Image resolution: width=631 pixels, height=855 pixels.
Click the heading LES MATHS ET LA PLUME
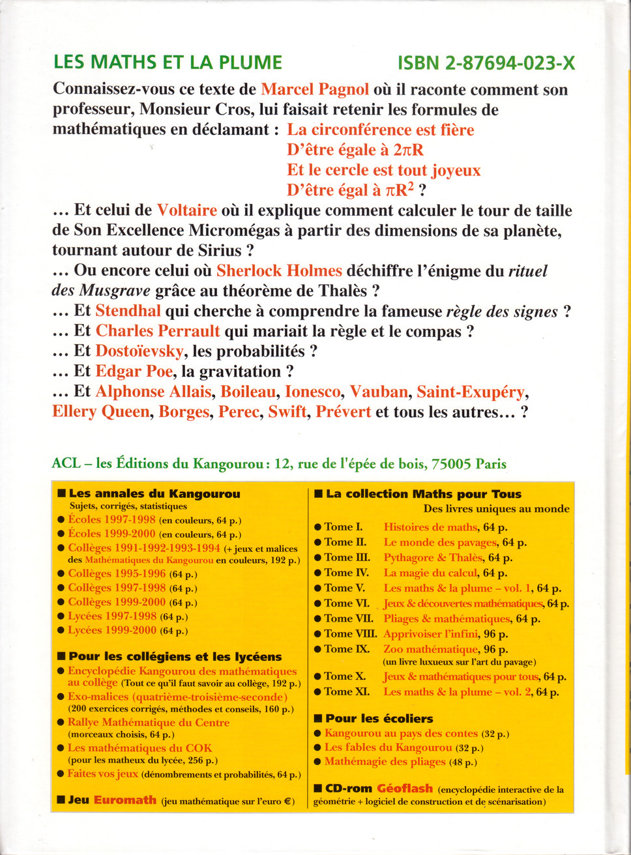168,63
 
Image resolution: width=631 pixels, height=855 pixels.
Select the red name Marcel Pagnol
315,89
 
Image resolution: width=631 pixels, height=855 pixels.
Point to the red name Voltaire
186,210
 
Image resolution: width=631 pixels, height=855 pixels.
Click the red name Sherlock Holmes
279,271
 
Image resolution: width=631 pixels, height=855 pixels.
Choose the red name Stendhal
128,312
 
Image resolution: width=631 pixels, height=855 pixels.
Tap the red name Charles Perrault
158,331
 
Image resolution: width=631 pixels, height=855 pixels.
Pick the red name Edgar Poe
134,371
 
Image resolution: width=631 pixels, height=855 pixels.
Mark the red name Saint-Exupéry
471,392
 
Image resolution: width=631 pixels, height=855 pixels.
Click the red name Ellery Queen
101,412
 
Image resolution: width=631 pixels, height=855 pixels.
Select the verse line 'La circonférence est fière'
381,130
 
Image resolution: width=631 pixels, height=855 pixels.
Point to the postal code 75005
451,464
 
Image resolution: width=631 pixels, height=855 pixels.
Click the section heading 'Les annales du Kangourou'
154,494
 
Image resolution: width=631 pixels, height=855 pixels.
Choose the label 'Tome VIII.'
351,633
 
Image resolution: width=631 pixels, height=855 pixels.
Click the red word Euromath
125,800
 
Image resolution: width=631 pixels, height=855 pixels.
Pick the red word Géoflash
405,789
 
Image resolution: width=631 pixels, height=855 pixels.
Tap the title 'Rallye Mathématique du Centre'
149,723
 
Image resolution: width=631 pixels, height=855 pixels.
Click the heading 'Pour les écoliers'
379,719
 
